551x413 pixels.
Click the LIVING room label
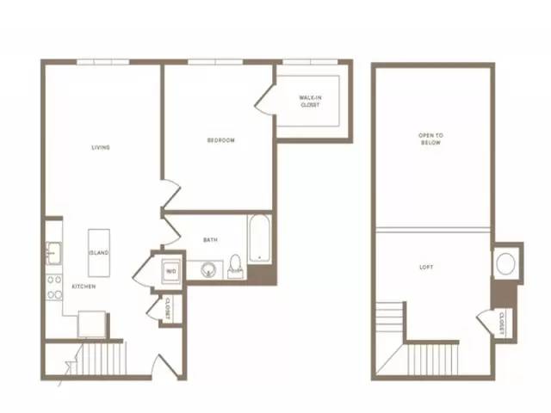click(101, 147)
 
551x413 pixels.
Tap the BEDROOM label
click(220, 140)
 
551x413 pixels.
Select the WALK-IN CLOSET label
click(310, 102)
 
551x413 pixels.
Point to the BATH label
click(210, 240)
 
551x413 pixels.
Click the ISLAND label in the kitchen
click(99, 252)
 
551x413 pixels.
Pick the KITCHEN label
click(84, 287)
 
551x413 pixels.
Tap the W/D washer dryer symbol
click(171, 271)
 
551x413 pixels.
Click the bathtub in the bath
click(259, 239)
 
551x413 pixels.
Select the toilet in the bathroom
click(235, 266)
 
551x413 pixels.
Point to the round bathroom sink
click(208, 269)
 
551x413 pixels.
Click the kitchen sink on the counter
click(53, 253)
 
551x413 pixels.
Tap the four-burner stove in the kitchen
click(54, 287)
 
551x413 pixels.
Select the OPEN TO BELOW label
click(430, 139)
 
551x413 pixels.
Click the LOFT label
click(426, 268)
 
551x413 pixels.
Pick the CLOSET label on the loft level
click(502, 324)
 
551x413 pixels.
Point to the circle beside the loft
click(506, 263)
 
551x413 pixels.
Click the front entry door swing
click(164, 367)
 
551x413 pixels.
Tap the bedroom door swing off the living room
click(170, 194)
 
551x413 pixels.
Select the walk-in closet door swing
click(264, 100)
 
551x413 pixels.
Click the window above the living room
click(103, 62)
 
